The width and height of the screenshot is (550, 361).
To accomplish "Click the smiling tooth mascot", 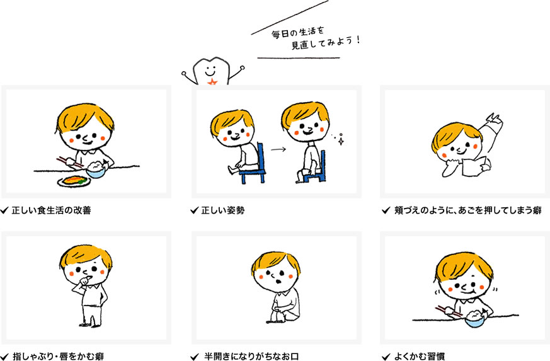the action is (212, 72).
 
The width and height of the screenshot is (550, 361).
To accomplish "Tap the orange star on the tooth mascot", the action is (212, 82).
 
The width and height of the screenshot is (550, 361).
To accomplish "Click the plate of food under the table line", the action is (74, 181).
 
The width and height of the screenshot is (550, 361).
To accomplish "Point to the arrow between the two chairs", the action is (278, 149).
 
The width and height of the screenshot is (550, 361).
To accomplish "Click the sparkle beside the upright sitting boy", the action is (340, 140).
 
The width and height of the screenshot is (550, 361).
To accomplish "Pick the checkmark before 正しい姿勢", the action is (194, 210).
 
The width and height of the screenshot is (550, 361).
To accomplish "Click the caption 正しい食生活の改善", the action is (51, 210).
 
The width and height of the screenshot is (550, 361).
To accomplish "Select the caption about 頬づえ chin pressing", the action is (468, 210).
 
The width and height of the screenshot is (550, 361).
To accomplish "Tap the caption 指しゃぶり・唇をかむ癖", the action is (58, 357).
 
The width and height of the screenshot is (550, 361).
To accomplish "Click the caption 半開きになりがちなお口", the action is (251, 357).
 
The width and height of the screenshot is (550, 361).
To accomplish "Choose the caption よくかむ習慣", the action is (420, 357).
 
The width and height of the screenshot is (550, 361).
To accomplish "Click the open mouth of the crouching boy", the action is (278, 281).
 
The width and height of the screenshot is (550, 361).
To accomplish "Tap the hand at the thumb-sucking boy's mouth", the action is (86, 281).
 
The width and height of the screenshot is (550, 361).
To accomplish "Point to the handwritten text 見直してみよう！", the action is (326, 43).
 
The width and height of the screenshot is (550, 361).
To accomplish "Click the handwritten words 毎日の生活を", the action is (297, 33).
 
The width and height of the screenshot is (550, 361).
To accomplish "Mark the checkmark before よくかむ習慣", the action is (386, 357).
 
